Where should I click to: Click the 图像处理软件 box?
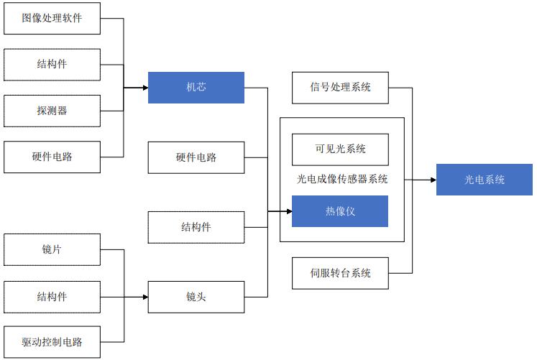coord(52,18)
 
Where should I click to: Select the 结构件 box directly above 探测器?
coord(52,65)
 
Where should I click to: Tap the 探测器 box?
coord(52,111)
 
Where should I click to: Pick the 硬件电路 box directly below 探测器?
coord(52,157)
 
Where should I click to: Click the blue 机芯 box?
coord(196,88)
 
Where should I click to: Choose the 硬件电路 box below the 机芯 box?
coord(196,157)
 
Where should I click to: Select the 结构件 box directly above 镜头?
coord(196,227)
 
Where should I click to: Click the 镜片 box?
coord(52,250)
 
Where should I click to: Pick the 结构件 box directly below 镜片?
coord(52,296)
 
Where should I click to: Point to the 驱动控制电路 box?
coord(52,342)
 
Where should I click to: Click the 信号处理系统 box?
coord(340,88)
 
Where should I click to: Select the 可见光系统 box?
coord(340,149)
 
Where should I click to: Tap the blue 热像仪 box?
coord(340,211)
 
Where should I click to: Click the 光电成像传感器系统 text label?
coord(342,180)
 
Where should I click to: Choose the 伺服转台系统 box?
coord(340,273)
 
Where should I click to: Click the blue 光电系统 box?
coord(484,180)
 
